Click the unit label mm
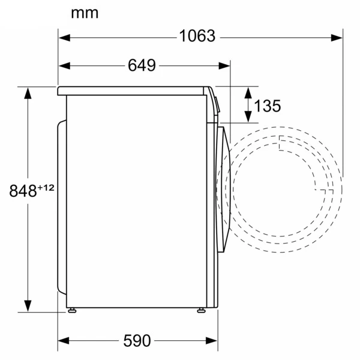pos(85,13)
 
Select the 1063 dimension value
pos(197,36)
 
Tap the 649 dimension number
pos(142,65)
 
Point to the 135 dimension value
pos(268,106)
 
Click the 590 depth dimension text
pos(137,340)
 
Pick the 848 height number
pos(23,191)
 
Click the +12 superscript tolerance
pos(46,188)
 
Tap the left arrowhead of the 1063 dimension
pos(65,38)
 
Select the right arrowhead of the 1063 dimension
pos(337,38)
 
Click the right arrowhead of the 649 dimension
pos(224,65)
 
